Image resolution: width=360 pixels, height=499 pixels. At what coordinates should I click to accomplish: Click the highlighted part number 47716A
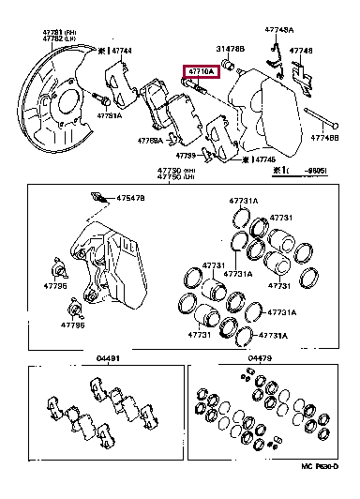click(x=201, y=70)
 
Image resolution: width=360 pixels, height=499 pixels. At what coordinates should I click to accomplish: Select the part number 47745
click(x=265, y=159)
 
